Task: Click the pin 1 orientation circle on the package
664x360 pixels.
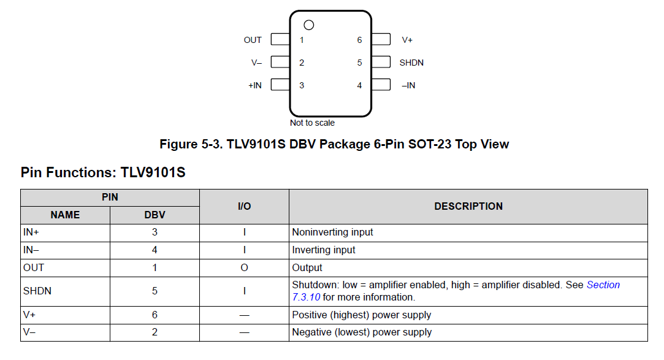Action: point(309,25)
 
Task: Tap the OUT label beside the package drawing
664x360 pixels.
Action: point(253,40)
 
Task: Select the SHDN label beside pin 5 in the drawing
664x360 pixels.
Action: point(411,63)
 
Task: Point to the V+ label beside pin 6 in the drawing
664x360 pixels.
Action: point(407,40)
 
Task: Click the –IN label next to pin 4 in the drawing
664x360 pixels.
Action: point(408,85)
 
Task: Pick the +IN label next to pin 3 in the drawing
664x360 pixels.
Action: point(254,85)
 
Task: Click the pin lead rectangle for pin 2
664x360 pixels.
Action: point(280,62)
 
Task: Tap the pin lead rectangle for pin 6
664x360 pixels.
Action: point(381,39)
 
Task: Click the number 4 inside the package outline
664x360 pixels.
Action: point(359,85)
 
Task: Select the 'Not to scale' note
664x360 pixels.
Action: point(312,123)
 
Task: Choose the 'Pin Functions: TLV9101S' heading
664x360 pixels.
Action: point(103,173)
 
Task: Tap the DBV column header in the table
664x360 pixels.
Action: point(155,215)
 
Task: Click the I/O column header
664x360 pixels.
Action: point(244,207)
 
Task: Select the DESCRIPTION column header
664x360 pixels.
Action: point(468,207)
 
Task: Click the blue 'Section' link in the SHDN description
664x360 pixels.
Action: point(603,285)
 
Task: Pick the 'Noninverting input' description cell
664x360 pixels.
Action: point(332,232)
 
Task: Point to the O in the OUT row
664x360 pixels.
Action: point(244,267)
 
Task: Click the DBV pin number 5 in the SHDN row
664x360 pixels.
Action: point(155,291)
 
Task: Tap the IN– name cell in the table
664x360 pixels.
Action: point(35,250)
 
